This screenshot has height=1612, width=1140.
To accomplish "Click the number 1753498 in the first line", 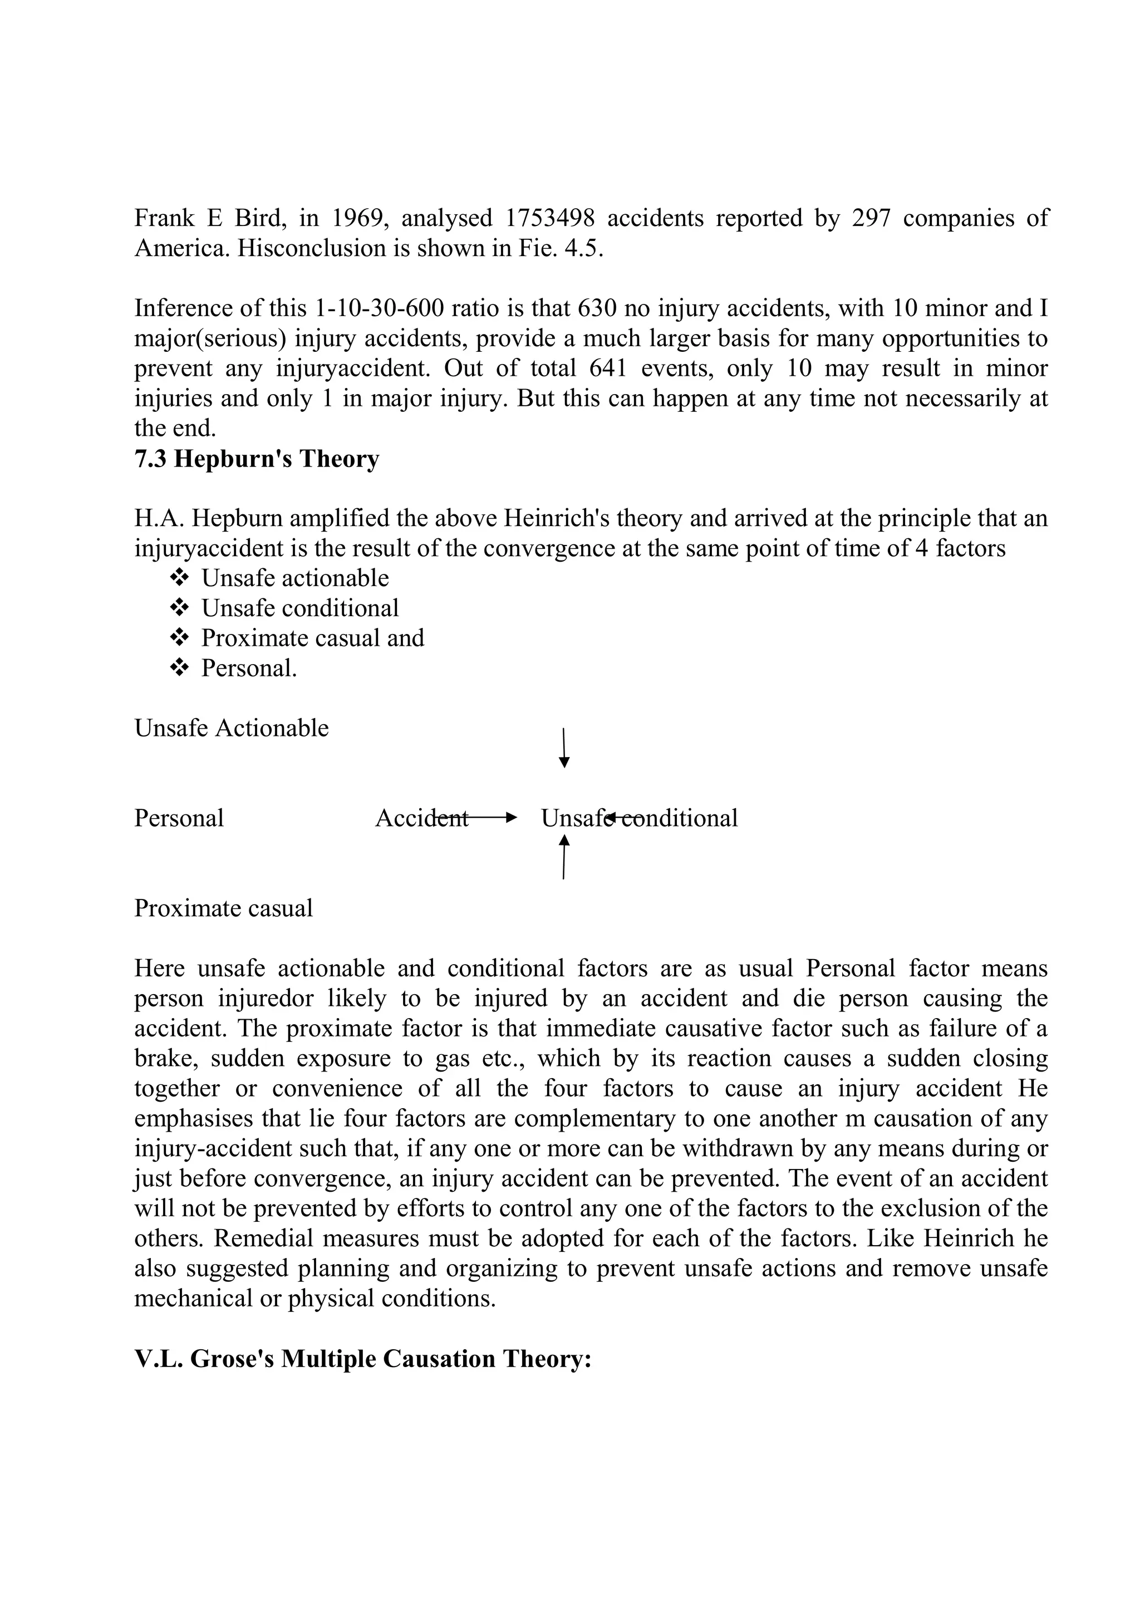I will click(549, 218).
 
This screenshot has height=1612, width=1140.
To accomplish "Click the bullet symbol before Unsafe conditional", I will click(180, 607).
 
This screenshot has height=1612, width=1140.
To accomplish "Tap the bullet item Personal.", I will click(249, 668).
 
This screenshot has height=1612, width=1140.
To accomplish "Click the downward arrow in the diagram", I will click(564, 749).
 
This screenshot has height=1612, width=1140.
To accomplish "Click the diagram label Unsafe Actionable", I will click(231, 728).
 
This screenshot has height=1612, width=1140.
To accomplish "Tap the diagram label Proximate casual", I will click(223, 908).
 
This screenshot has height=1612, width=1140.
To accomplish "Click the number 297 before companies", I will click(871, 218).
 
